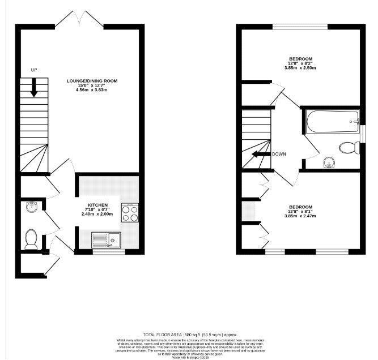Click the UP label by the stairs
(33, 70)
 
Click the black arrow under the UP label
(33, 87)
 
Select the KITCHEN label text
(97, 204)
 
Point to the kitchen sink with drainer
(107, 240)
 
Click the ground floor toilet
(32, 239)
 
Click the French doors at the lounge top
(79, 20)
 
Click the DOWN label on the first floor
(278, 154)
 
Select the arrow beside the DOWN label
(261, 154)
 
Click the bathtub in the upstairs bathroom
(332, 121)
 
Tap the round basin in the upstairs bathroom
(328, 163)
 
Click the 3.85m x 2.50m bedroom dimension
(300, 68)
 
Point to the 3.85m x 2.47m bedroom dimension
(300, 216)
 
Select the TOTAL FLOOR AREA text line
(190, 335)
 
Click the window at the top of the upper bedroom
(300, 26)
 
